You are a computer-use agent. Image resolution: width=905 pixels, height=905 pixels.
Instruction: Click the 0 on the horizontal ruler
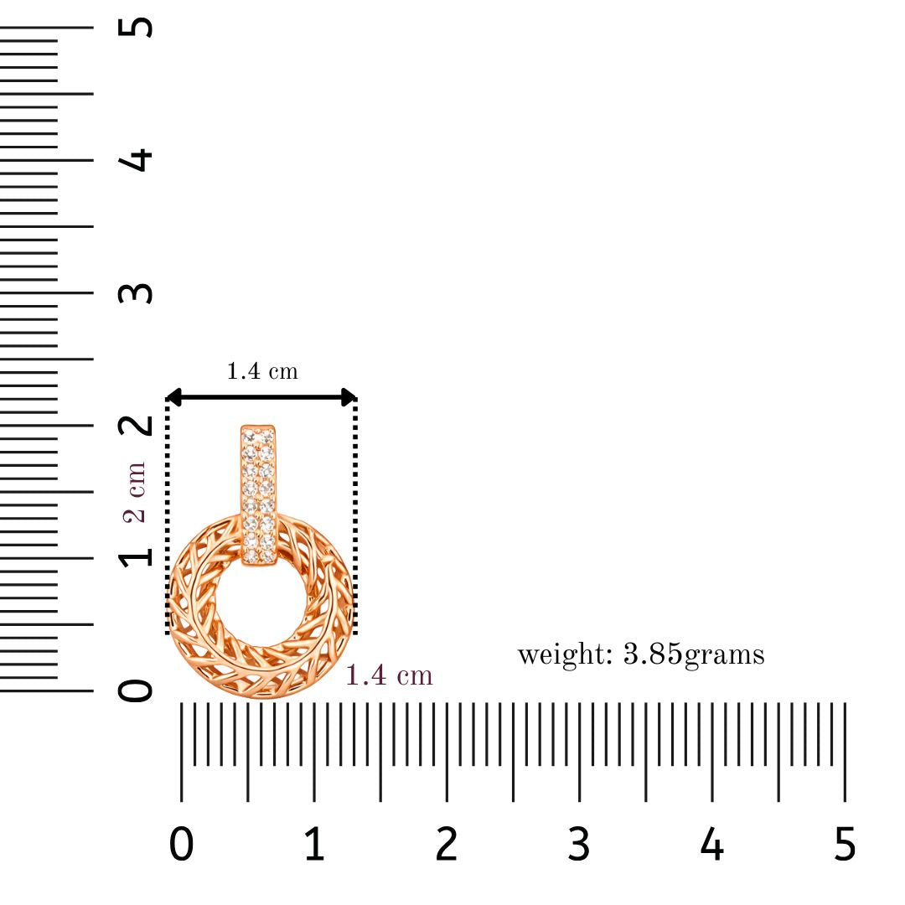click(181, 844)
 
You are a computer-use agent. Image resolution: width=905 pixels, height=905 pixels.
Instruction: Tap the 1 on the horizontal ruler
click(314, 844)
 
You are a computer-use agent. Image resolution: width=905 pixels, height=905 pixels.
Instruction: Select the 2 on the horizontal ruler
click(447, 844)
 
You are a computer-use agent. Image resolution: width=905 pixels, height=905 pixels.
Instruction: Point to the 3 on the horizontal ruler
click(579, 844)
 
